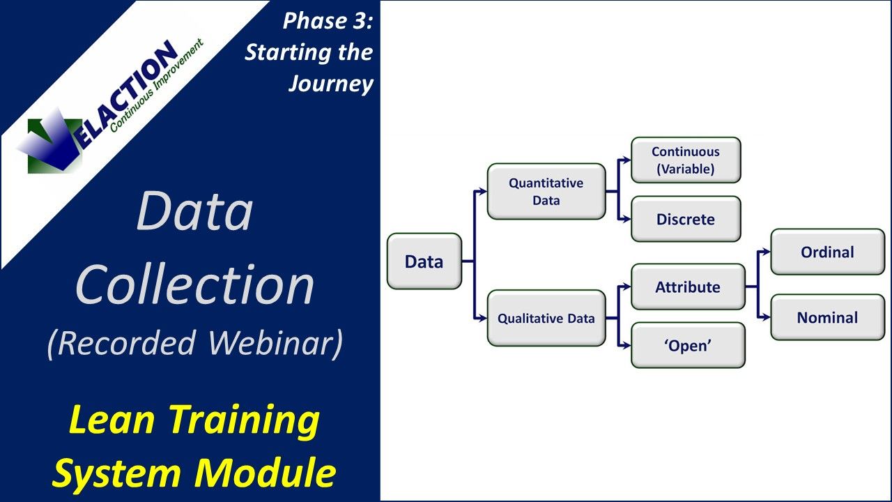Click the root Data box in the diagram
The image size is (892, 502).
point(424,261)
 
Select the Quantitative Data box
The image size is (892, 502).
point(546,192)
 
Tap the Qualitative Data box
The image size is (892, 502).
point(546,319)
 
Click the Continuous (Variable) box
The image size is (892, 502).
point(686,160)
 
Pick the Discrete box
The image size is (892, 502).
point(686,220)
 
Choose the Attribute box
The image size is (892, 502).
point(688,287)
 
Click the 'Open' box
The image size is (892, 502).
point(688,345)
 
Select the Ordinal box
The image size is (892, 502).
point(827,252)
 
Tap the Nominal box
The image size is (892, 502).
point(827,317)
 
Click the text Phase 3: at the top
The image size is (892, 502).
point(328,21)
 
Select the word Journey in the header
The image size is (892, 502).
point(331,84)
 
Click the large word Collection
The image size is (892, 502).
point(194,284)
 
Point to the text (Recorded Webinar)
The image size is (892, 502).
point(194,343)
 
